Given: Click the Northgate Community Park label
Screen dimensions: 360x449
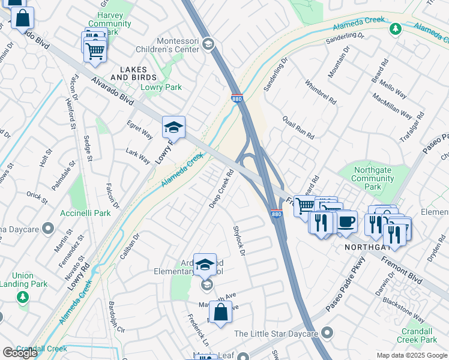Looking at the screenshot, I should click(373, 178).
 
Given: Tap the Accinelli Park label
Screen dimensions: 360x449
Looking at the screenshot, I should click(85, 213).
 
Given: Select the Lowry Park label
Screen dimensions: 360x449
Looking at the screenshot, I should click(161, 88).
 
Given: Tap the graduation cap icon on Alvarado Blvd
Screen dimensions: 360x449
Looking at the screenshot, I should click(173, 127).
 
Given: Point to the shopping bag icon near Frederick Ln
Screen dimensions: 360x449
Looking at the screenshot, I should click(220, 313).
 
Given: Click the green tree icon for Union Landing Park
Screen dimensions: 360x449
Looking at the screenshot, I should click(22, 297).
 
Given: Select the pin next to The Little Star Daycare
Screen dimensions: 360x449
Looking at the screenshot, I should click(327, 332).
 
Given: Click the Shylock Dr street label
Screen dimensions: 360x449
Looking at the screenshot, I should click(239, 241).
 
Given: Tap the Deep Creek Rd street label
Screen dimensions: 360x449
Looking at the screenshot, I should click(221, 189).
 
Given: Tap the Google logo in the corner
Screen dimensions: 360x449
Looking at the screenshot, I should click(20, 353).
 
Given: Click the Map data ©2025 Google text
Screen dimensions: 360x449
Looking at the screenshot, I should click(411, 355).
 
